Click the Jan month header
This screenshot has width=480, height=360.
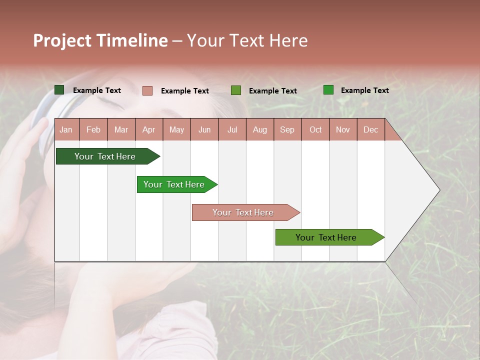tap(66, 130)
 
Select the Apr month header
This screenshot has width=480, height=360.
tap(149, 130)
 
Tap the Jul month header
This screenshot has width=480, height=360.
tap(232, 130)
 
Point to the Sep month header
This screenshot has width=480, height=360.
tap(287, 130)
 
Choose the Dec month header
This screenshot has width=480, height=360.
tap(370, 130)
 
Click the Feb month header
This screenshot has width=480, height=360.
tap(93, 130)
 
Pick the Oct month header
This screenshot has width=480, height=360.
tap(315, 130)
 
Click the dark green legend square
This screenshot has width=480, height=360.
tap(59, 90)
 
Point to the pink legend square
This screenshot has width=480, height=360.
tap(147, 90)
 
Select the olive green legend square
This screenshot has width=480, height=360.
tap(236, 90)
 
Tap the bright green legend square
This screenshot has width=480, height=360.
tap(328, 90)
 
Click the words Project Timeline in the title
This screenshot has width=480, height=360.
tap(100, 41)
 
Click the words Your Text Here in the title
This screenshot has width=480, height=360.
tap(247, 41)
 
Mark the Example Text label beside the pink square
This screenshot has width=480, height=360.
tap(185, 91)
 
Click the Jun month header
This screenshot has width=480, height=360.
tap(204, 130)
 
